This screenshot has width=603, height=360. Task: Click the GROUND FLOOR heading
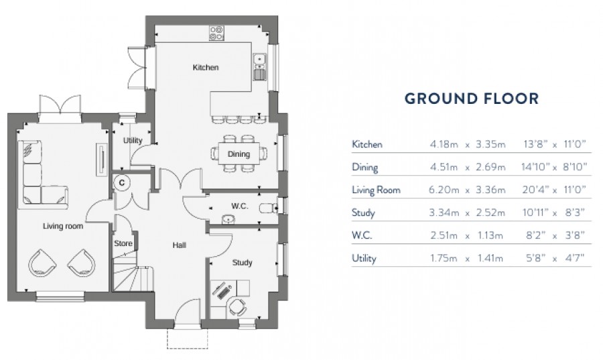coord(471,99)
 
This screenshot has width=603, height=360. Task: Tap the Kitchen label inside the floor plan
coord(206,68)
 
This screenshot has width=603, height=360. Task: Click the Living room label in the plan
coord(63,227)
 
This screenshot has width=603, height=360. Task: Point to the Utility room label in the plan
coord(133,141)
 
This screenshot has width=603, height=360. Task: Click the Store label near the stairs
coord(123,243)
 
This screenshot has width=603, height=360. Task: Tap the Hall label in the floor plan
coord(179,245)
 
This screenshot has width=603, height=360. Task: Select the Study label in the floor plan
coord(243,263)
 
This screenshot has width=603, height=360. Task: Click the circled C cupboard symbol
coord(122,181)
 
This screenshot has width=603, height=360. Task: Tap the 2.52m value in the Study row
coord(489,213)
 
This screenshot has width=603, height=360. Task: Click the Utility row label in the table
coord(364,258)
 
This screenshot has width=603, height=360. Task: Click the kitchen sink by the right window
coord(260,64)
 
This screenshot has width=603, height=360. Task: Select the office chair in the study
coord(236,306)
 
